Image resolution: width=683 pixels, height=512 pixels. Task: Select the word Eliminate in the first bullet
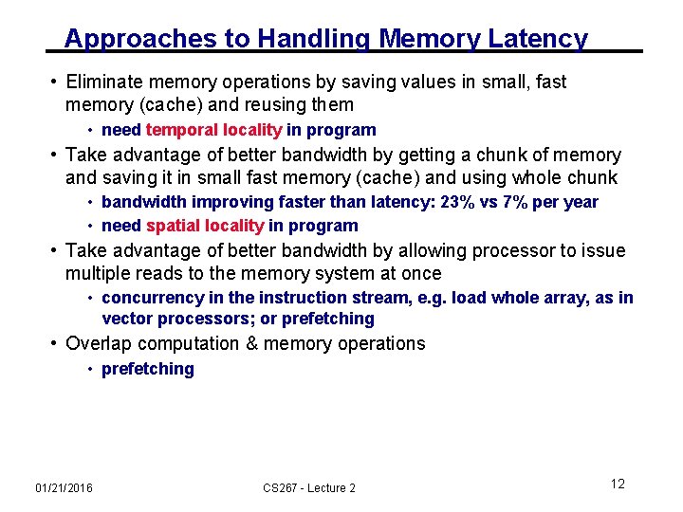pyautogui.click(x=105, y=82)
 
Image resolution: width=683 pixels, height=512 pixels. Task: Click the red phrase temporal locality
pyautogui.click(x=213, y=130)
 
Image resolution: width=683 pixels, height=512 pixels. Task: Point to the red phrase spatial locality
pyautogui.click(x=205, y=226)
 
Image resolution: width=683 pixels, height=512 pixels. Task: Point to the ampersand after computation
pyautogui.click(x=251, y=343)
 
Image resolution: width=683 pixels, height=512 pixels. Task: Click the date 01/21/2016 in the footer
pyautogui.click(x=64, y=487)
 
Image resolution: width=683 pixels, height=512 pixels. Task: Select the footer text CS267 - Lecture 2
pyautogui.click(x=309, y=487)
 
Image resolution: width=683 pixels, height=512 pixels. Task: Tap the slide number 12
pyautogui.click(x=618, y=484)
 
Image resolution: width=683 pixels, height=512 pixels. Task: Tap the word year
pyautogui.click(x=580, y=202)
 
